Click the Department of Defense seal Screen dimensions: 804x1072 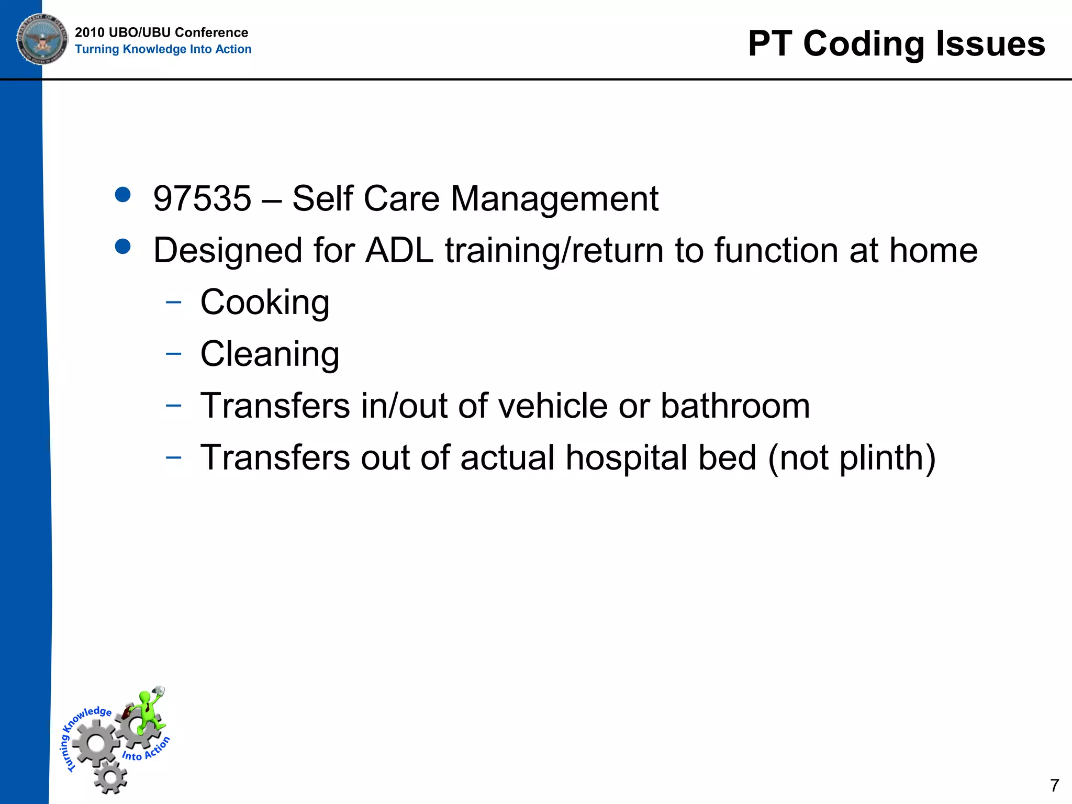[42, 39]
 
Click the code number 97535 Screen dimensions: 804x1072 [202, 199]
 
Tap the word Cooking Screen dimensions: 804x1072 [265, 303]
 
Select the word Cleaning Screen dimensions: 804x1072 [270, 354]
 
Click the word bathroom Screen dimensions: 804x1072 [735, 406]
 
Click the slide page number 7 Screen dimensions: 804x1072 [1054, 785]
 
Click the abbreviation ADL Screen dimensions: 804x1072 [399, 251]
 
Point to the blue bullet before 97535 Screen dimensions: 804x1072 [122, 195]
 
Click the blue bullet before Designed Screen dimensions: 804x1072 [122, 247]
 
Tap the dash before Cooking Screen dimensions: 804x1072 [173, 302]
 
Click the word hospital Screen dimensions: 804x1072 [661, 458]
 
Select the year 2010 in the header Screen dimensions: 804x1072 [90, 32]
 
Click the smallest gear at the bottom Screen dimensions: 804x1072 [110, 777]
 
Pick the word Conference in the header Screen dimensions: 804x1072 [211, 32]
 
